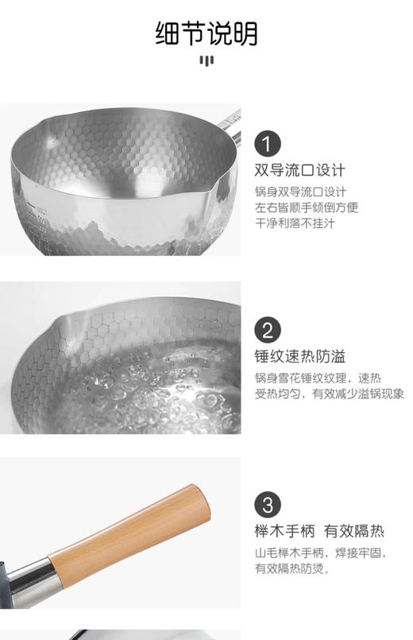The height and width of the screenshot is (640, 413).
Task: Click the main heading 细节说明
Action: [x=206, y=33]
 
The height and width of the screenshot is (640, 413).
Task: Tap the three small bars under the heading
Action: [x=206, y=61]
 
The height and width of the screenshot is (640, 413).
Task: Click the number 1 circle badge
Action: [x=268, y=144]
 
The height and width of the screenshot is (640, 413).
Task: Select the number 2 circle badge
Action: [x=268, y=330]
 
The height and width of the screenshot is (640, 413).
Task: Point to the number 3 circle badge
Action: [x=268, y=505]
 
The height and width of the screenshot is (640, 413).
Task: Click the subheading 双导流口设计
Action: [x=300, y=170]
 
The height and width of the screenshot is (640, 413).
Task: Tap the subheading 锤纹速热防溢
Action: [x=300, y=355]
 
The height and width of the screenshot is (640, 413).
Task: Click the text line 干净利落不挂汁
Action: [x=295, y=223]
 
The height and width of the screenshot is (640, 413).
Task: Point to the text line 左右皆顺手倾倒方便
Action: [x=307, y=208]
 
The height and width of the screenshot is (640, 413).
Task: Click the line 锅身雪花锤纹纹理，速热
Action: [x=312, y=377]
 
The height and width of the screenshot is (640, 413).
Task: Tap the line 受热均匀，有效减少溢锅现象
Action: [x=329, y=394]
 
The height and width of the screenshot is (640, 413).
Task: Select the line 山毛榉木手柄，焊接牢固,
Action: [x=319, y=553]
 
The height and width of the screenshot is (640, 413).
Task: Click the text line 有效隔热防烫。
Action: [x=292, y=568]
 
